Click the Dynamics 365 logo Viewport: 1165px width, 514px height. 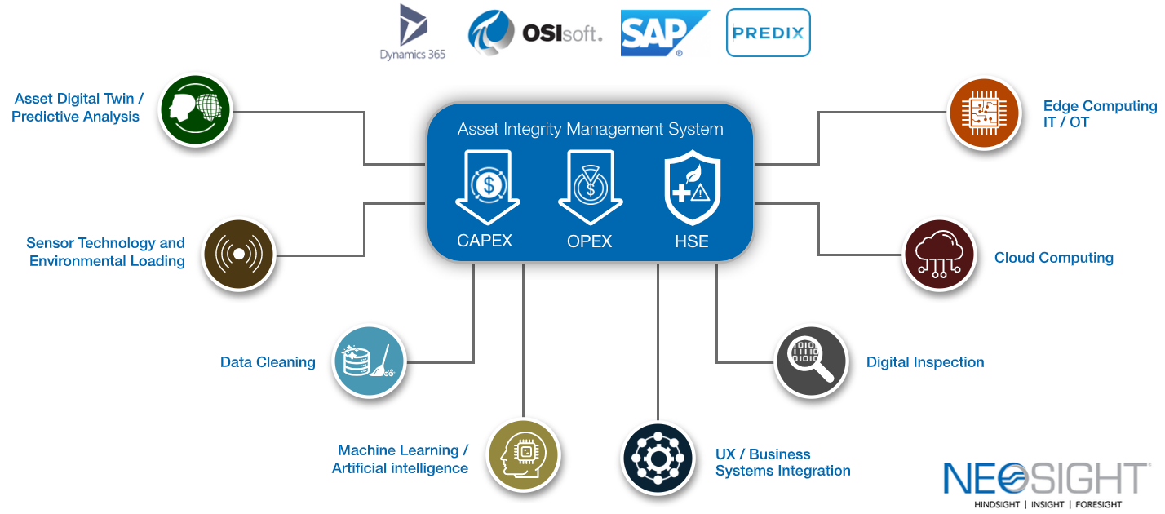[x=412, y=33]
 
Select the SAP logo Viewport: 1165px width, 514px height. [x=663, y=33]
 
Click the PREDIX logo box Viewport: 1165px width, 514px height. [x=768, y=33]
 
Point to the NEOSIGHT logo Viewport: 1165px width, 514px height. [x=1047, y=484]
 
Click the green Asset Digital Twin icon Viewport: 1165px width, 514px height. [x=196, y=109]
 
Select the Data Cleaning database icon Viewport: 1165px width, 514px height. [x=370, y=362]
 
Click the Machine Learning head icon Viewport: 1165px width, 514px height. [x=523, y=454]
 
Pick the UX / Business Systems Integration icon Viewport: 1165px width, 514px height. [x=657, y=459]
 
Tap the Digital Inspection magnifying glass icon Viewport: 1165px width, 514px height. [x=811, y=361]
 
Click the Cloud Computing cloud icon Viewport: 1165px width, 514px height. [x=939, y=255]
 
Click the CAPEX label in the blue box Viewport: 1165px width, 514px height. [x=485, y=241]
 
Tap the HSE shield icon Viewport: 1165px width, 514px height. [x=691, y=188]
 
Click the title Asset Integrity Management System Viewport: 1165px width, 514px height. [x=590, y=129]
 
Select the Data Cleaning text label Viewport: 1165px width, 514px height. [x=268, y=362]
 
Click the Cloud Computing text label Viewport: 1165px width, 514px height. [x=1053, y=258]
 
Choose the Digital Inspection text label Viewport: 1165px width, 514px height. [x=924, y=362]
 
